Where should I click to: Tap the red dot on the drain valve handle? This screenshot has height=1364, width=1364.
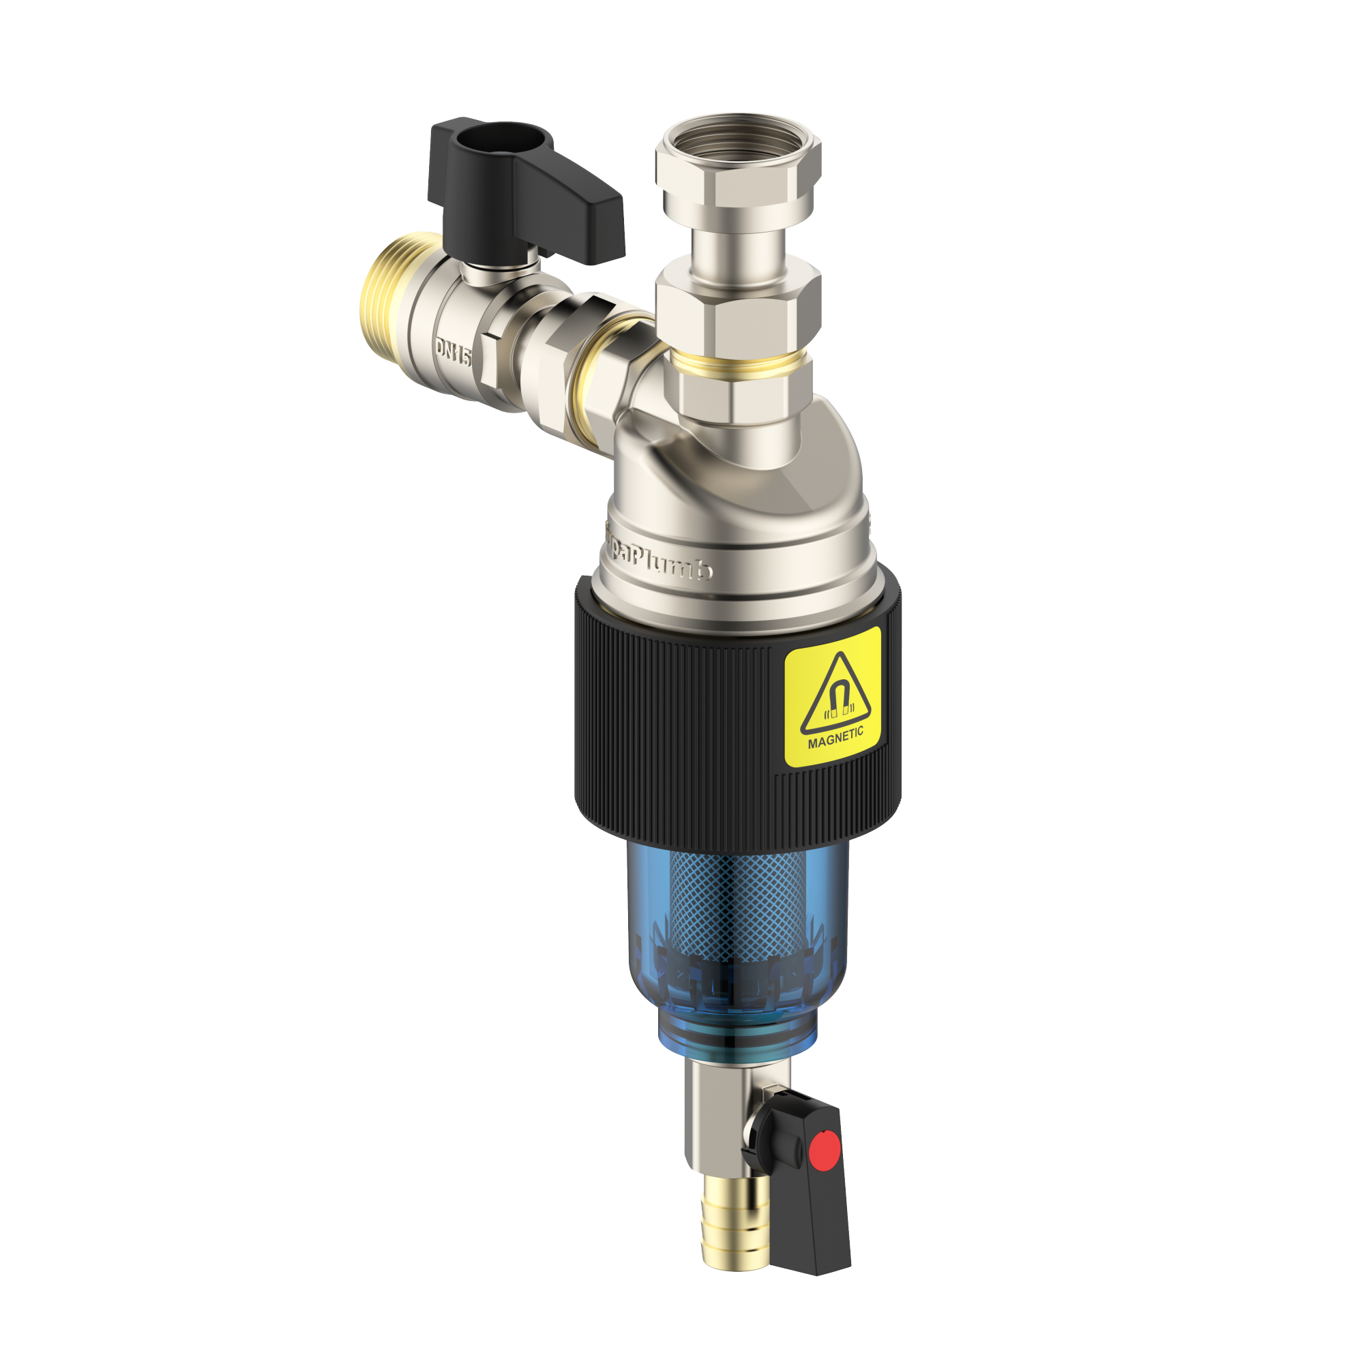(823, 1151)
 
